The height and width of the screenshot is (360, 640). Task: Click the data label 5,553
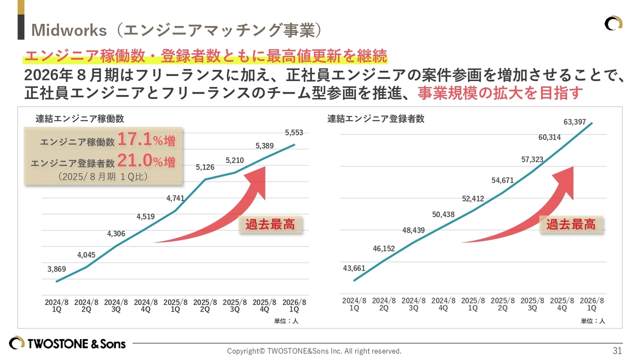(x=294, y=132)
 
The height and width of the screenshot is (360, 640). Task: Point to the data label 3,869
(x=56, y=269)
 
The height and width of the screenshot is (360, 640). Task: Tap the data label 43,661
(x=354, y=268)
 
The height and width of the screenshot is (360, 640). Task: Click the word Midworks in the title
(x=69, y=30)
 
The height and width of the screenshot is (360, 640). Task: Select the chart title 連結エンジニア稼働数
(x=80, y=118)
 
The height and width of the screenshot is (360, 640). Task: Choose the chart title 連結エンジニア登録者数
(x=376, y=118)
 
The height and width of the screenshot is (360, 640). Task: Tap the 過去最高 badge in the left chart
(x=270, y=224)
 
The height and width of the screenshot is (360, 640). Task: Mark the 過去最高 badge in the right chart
(x=570, y=224)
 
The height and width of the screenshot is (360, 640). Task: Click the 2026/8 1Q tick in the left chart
(x=294, y=305)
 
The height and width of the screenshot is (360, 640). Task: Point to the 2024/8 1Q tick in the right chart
(x=354, y=304)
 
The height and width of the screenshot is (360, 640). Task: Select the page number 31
(x=617, y=350)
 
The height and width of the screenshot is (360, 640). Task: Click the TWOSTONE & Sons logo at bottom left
(x=67, y=343)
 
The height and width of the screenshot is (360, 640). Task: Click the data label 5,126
(x=205, y=167)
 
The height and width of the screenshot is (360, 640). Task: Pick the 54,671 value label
(x=502, y=180)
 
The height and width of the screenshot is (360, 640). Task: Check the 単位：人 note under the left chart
(x=286, y=321)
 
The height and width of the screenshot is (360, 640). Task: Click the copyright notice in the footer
(x=314, y=351)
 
